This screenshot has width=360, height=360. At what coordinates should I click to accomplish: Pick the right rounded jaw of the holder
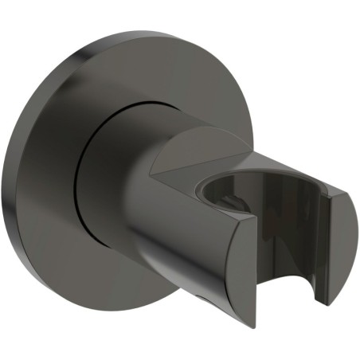335,239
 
